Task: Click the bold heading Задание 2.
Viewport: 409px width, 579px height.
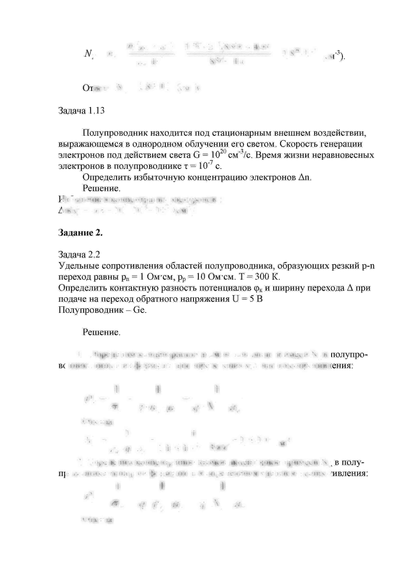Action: point(80,233)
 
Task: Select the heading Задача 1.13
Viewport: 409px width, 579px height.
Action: point(81,111)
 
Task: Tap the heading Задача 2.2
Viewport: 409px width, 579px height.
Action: point(79,255)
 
